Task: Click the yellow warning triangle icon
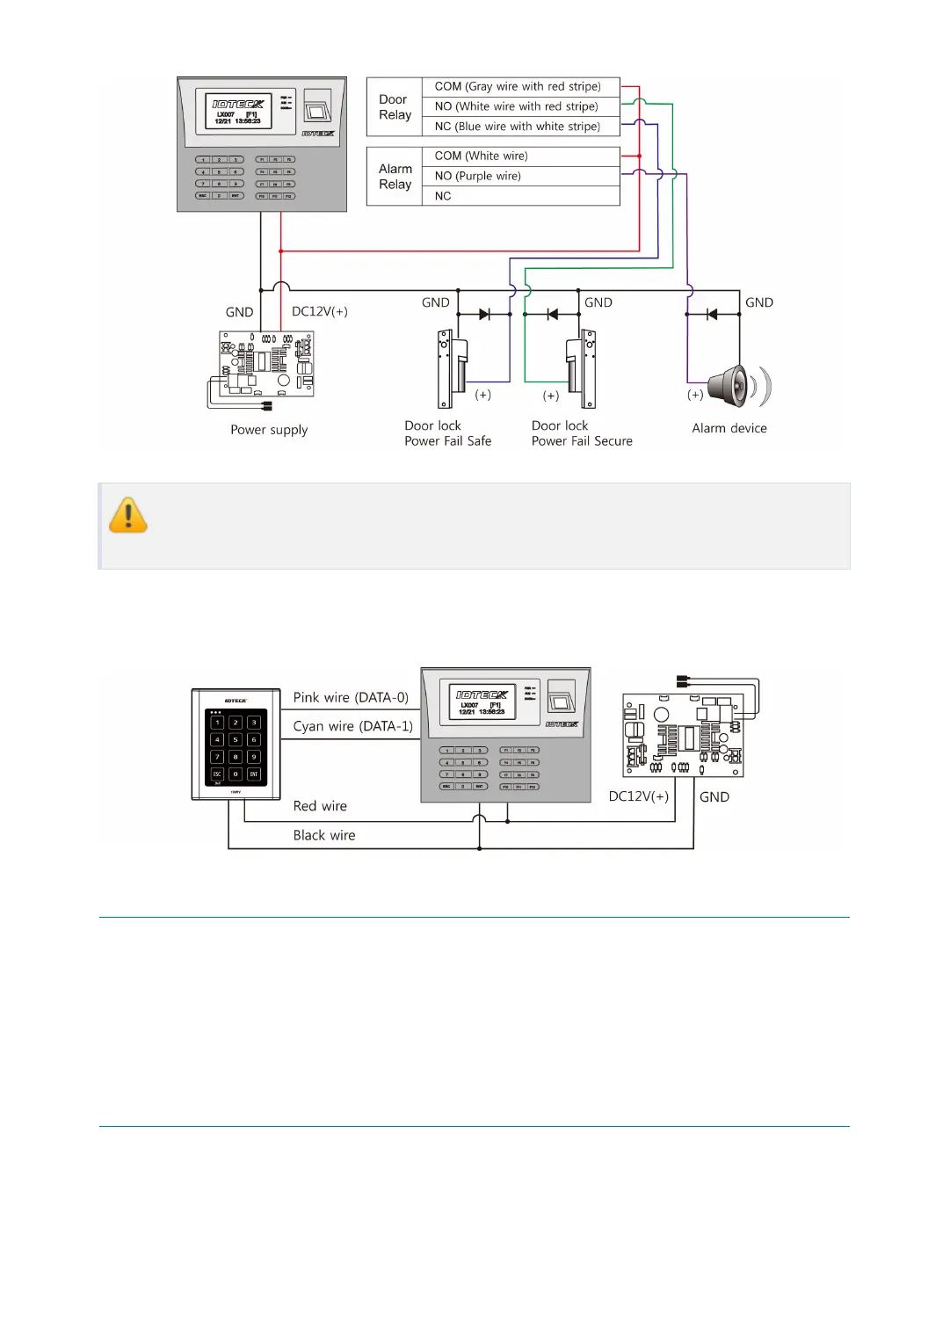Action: click(128, 516)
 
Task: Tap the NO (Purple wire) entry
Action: click(477, 176)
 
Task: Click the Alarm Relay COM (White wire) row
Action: click(482, 156)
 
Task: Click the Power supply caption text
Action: click(269, 430)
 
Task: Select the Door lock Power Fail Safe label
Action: click(447, 433)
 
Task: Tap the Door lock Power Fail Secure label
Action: click(581, 433)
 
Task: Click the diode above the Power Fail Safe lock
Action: click(484, 314)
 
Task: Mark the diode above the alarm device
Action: click(712, 314)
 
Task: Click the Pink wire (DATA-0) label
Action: click(351, 697)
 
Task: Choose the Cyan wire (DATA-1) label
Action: click(352, 726)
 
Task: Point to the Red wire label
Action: click(320, 806)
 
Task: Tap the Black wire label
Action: click(324, 835)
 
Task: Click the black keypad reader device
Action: click(236, 745)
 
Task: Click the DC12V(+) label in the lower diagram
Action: click(639, 796)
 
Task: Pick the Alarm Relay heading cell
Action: click(395, 176)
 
